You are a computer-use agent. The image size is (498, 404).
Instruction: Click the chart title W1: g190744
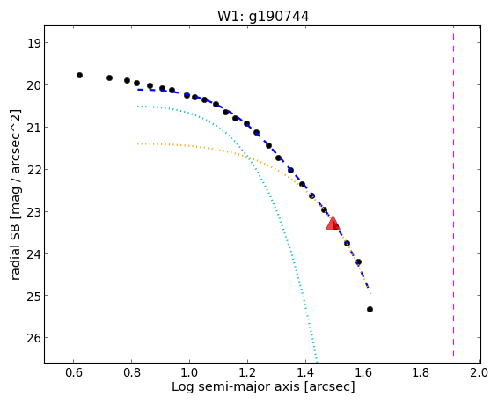[263, 16]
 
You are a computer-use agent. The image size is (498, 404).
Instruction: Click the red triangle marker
[333, 223]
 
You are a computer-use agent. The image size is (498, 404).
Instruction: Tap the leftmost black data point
[79, 76]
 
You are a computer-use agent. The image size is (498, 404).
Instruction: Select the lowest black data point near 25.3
[370, 309]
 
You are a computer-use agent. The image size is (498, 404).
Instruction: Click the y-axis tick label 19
[33, 43]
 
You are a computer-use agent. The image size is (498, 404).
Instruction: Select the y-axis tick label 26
[33, 338]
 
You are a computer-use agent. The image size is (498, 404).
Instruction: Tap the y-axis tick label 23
[33, 212]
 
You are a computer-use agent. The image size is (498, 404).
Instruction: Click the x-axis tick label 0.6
[74, 372]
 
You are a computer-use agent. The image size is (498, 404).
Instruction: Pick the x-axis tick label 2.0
[479, 372]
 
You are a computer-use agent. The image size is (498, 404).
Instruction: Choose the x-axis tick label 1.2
[247, 372]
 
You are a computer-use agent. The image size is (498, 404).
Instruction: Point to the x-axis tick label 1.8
[421, 372]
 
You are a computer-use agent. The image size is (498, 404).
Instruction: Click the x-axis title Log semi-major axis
[235, 387]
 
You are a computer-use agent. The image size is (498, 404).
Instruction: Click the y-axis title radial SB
[15, 250]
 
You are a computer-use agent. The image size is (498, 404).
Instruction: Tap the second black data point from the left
[109, 77]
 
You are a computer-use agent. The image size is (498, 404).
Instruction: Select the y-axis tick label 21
[33, 128]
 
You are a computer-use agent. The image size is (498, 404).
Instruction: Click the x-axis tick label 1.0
[189, 372]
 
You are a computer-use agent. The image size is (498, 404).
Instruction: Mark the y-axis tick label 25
[33, 296]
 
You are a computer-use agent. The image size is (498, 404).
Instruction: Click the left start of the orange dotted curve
[138, 143]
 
